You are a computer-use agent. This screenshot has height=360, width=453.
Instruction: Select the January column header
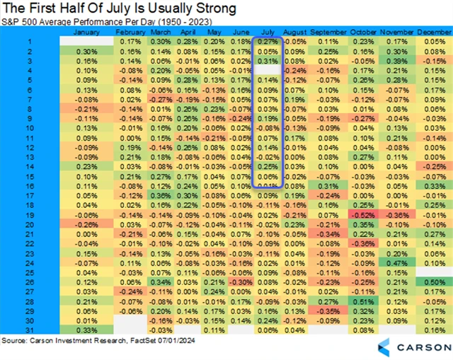[x=85, y=33]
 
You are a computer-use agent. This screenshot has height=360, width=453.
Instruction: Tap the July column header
[x=267, y=33]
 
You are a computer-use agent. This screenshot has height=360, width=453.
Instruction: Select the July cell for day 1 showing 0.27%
[x=267, y=42]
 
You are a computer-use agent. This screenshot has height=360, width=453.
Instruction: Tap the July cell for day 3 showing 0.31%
[x=267, y=61]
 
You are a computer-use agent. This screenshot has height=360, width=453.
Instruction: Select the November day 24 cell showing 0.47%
[x=397, y=262]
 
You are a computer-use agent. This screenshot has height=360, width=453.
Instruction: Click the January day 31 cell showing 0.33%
[x=85, y=329]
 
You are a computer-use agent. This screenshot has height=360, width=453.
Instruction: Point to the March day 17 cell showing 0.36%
[x=161, y=194]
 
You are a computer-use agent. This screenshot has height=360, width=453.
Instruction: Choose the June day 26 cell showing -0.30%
[x=241, y=281]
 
